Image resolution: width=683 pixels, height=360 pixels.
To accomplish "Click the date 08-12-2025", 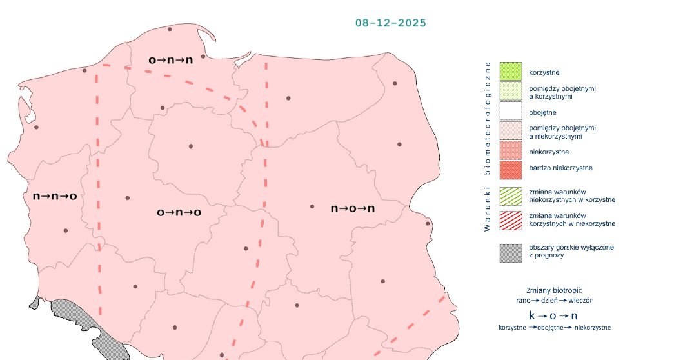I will click(391, 23).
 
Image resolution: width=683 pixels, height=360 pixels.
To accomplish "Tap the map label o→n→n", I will click(170, 60).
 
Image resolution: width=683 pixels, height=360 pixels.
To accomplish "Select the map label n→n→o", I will click(55, 195).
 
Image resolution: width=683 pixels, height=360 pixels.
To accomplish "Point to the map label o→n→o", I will click(179, 212).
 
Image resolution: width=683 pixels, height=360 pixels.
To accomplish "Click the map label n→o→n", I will click(352, 208).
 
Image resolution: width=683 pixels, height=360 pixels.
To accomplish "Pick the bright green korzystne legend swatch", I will click(510, 71).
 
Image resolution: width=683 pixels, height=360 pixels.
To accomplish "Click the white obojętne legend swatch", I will click(510, 111).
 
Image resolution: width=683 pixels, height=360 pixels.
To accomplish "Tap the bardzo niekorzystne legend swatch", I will click(510, 170).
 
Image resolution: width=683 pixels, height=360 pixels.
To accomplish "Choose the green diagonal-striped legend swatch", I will click(510, 195).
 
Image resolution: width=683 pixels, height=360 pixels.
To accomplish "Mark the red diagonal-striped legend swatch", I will click(510, 219).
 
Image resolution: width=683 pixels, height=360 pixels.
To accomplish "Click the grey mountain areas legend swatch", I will click(510, 252).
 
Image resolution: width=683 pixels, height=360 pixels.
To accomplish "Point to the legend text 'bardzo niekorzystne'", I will click(560, 168).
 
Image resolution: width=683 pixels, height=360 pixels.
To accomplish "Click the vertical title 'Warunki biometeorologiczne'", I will click(488, 146).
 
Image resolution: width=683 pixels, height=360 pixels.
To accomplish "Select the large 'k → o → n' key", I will click(553, 315).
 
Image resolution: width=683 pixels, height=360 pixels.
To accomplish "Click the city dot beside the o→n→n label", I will click(203, 57).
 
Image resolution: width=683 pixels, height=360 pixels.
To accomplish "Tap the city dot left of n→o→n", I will click(312, 206).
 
